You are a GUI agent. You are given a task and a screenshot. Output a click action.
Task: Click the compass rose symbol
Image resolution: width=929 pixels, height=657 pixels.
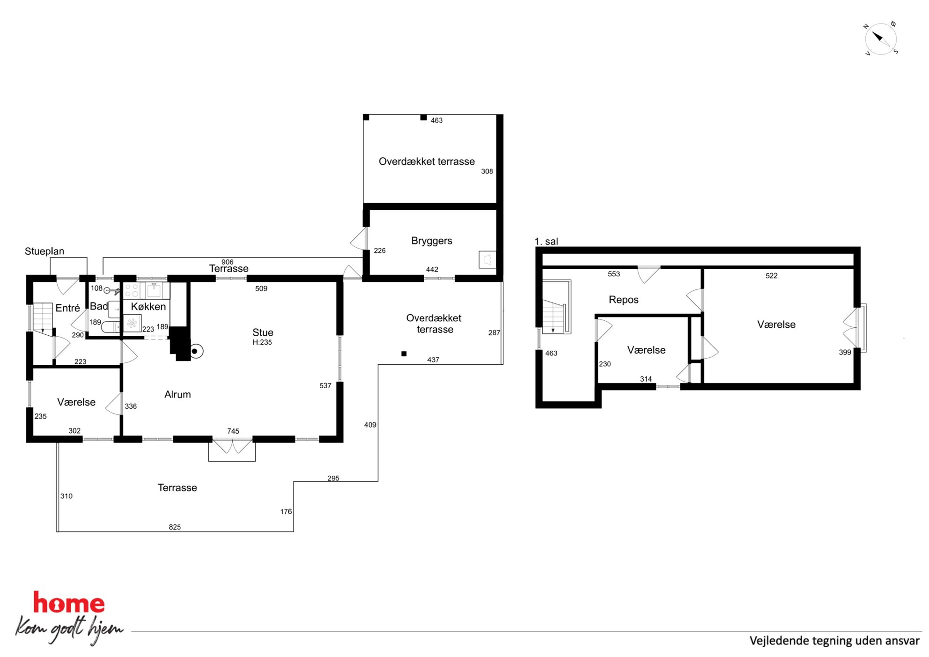tap(880, 39)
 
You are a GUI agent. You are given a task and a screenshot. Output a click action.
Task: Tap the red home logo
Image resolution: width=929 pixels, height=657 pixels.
tap(69, 603)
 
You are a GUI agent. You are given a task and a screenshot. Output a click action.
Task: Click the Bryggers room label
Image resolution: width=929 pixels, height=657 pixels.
tap(432, 241)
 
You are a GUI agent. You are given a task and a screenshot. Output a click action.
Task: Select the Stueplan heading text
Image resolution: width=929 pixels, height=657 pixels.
tap(44, 251)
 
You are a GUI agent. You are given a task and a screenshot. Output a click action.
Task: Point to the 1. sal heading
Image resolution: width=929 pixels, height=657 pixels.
tap(546, 241)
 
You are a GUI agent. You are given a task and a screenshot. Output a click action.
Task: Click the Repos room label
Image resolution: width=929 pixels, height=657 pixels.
tap(623, 300)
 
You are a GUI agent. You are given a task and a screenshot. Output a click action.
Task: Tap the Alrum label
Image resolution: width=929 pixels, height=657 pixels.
tap(177, 394)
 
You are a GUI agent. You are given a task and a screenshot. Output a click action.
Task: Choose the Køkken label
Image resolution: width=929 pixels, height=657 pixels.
tap(148, 306)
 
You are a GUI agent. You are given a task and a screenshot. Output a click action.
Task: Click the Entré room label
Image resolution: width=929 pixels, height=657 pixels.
tap(67, 308)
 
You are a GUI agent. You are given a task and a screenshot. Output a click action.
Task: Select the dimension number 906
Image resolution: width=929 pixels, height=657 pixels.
tap(227, 262)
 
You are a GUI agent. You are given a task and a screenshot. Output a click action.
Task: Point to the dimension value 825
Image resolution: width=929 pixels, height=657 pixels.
tap(175, 527)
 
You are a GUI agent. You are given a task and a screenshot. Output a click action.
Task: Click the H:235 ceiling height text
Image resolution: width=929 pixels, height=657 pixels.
tap(262, 342)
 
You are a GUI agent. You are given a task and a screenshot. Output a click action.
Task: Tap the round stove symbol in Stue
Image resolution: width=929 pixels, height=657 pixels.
tap(196, 351)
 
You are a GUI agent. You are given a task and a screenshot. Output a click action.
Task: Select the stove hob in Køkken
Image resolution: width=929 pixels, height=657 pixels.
tap(132, 290)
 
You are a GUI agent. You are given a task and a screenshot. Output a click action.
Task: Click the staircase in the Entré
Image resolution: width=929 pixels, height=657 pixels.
tap(42, 319)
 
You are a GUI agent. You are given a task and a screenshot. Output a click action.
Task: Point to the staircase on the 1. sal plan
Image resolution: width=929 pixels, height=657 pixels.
tap(556, 307)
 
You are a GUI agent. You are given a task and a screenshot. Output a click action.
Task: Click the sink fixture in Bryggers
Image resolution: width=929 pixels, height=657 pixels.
tap(487, 259)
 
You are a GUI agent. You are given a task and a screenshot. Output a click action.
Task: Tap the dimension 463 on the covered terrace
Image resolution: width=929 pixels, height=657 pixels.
tap(436, 120)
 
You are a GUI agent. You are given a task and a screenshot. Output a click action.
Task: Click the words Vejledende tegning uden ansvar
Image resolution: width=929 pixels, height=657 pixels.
tap(834, 641)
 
